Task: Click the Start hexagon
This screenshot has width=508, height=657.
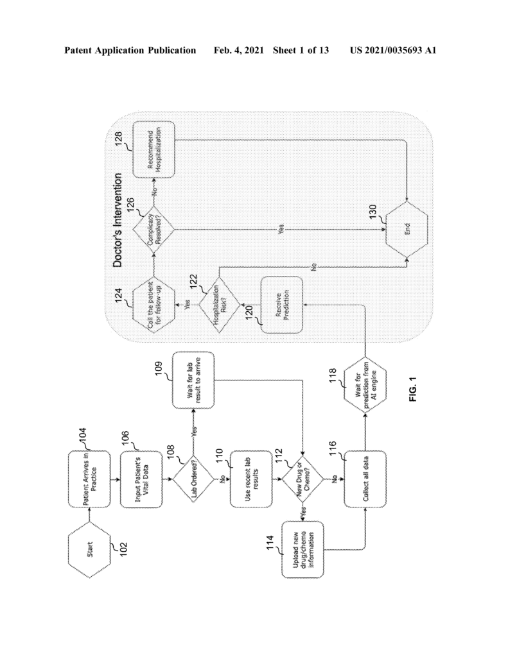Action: coord(90,550)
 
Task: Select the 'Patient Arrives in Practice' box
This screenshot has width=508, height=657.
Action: coord(90,479)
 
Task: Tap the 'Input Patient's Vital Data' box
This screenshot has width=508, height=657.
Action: coord(141,479)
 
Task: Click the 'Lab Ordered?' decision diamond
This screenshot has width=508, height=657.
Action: coord(194,479)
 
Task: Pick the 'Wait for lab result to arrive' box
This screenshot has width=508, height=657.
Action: coord(193,380)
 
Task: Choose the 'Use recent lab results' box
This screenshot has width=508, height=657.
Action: coord(251,479)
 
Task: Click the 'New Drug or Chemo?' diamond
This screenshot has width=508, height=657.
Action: coord(302,479)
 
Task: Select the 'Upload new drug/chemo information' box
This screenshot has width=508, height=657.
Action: coord(303,549)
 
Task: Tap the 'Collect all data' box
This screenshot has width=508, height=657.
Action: coord(365,479)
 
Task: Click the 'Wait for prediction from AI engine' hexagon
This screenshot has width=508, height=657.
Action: coord(365,386)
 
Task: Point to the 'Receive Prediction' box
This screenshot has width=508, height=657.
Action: coord(282,305)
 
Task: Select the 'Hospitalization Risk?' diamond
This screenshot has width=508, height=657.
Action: coord(219,305)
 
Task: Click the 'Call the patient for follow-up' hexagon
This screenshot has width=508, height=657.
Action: coord(153,305)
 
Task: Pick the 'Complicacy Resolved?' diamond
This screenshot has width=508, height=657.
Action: coord(153,230)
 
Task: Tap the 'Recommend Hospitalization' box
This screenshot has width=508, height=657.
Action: coord(153,149)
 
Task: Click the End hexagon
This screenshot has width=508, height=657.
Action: coord(407,229)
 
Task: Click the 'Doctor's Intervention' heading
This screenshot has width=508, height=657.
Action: coord(118,221)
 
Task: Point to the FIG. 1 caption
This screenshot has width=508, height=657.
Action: coord(414,389)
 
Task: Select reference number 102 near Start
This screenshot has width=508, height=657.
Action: coord(123,549)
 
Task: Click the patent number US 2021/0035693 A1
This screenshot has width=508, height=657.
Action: coord(393,50)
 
